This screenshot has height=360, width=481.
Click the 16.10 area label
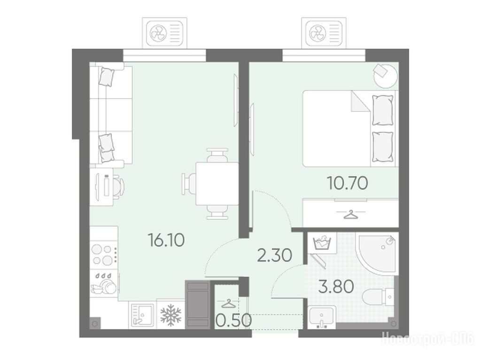pos(166,240)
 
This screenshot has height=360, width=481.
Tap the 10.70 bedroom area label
pos(348,184)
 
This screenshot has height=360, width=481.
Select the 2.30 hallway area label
pos(274,255)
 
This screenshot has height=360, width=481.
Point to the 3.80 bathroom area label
pos(336,287)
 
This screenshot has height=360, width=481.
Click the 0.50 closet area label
pos(234,321)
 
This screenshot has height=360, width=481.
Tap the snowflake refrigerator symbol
pos(171,315)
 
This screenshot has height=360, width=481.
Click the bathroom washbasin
pos(321,317)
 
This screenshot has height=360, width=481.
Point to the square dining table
pos(217,184)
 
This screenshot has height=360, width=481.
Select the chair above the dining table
pos(217,155)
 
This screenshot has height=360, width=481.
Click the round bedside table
pos(386,76)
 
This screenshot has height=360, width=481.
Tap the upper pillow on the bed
pos(382,110)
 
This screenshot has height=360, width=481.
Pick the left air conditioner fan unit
pos(165,32)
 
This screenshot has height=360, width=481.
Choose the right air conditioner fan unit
pos(324,32)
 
